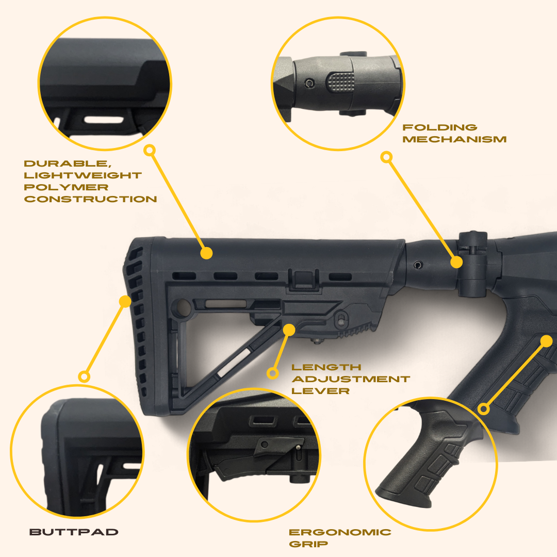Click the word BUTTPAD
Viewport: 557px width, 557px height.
(x=74, y=532)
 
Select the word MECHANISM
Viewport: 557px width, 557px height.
(x=454, y=139)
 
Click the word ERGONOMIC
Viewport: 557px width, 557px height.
(x=340, y=532)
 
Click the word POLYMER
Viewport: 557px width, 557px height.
(x=66, y=187)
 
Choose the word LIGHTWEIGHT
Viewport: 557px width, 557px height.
(x=83, y=175)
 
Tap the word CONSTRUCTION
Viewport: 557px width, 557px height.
(x=90, y=199)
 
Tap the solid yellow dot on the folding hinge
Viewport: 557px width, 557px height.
(x=456, y=262)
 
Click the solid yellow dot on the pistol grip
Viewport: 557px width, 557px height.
(x=547, y=341)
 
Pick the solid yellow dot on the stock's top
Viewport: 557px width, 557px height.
(x=206, y=253)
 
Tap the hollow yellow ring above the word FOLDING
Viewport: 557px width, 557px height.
(x=386, y=157)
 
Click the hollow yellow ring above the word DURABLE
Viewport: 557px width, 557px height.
(x=150, y=150)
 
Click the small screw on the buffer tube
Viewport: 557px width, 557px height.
(x=417, y=265)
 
